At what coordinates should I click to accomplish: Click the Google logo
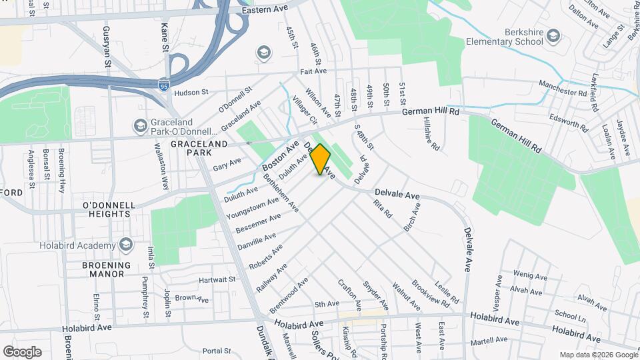22,351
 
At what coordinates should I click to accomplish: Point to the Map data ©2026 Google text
598,355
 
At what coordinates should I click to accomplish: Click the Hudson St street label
191,93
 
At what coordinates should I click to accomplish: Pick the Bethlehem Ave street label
281,193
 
